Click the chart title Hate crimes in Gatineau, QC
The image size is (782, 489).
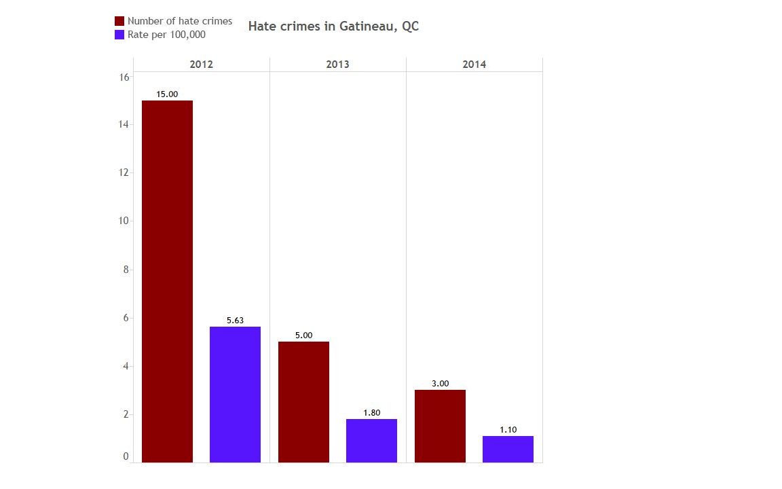coord(333,26)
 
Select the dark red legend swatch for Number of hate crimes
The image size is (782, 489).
coord(119,21)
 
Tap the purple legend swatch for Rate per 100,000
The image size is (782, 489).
coord(119,35)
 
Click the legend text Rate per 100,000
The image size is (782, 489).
coord(166,35)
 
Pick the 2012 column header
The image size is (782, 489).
coord(202,65)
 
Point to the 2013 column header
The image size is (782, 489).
coord(337,65)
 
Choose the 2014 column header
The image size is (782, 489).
coord(474,65)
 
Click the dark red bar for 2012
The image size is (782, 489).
coord(167,281)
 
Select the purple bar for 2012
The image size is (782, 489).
coord(235,395)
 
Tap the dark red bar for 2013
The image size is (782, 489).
coord(303,402)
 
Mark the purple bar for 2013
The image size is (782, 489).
coord(371,441)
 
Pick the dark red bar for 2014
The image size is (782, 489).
coord(440,426)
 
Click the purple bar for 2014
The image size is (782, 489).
coord(508,449)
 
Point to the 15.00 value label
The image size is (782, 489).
coord(167,94)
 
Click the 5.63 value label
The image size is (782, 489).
coord(235,321)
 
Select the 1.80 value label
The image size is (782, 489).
coord(371,413)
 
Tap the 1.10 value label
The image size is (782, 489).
coord(508,430)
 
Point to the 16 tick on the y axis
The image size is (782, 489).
coord(124,77)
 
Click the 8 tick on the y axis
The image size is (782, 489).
coord(126,270)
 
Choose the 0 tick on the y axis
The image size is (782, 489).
coord(126,456)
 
